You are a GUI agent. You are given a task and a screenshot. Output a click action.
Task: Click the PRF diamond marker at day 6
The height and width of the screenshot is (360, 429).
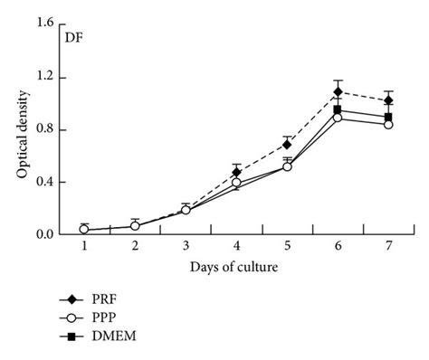[338, 91]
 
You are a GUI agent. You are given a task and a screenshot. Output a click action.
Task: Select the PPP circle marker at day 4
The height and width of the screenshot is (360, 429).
[236, 182]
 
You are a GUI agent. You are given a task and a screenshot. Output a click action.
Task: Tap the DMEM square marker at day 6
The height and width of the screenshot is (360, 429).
[338, 109]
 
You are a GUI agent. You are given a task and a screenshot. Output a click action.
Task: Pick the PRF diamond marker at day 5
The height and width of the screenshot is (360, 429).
[287, 144]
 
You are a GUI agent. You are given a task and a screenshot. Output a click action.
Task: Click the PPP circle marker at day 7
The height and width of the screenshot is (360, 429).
[388, 125]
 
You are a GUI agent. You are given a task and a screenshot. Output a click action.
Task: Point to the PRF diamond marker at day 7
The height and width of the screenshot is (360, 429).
[388, 100]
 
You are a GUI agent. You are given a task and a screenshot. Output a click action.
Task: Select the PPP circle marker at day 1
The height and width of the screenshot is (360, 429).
[84, 230]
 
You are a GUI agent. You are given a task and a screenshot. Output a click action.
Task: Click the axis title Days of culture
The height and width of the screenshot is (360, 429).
[235, 267]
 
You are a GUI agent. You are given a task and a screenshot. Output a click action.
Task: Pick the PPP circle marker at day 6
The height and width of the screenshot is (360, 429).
[338, 118]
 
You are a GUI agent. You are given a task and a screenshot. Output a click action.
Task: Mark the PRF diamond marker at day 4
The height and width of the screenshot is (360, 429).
[236, 172]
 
